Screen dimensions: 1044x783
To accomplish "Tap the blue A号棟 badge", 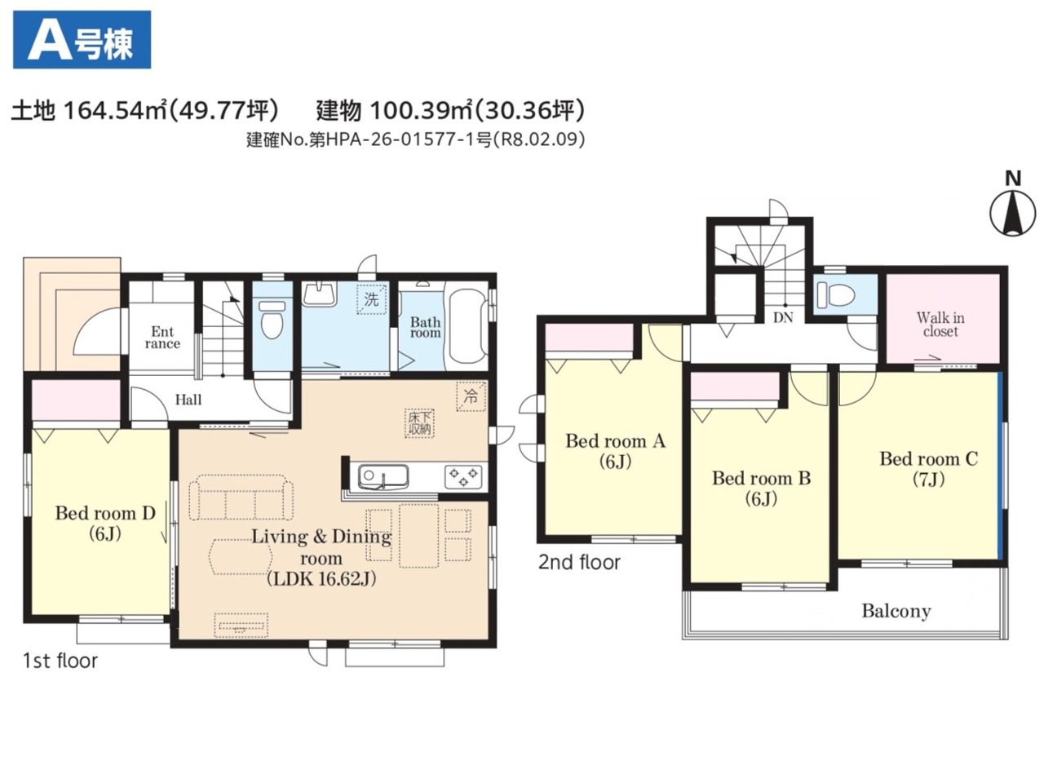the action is pyautogui.click(x=82, y=39).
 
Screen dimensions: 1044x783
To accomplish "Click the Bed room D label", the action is pyautogui.click(x=105, y=523).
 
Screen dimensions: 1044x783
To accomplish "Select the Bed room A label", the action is pyautogui.click(x=616, y=451).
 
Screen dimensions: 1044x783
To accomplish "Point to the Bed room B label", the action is pyautogui.click(x=762, y=488).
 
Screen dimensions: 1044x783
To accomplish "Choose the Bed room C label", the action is pyautogui.click(x=929, y=469).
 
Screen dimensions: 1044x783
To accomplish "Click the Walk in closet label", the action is pyautogui.click(x=940, y=325).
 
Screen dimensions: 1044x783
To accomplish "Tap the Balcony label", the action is pyautogui.click(x=896, y=611).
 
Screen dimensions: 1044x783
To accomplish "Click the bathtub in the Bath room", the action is pyautogui.click(x=467, y=325).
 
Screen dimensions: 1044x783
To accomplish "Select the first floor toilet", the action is pyautogui.click(x=272, y=319).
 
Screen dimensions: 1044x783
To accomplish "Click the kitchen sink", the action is pyautogui.click(x=383, y=476).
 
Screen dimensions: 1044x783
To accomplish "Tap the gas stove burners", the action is pyautogui.click(x=463, y=477).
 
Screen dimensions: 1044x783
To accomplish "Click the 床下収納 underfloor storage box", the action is pyautogui.click(x=419, y=423).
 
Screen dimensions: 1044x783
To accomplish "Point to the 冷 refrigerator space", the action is pyautogui.click(x=471, y=396).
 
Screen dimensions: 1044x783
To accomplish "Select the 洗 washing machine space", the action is pyautogui.click(x=372, y=299).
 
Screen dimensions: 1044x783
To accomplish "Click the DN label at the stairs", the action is pyautogui.click(x=783, y=317).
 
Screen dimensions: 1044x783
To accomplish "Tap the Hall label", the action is pyautogui.click(x=188, y=400).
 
